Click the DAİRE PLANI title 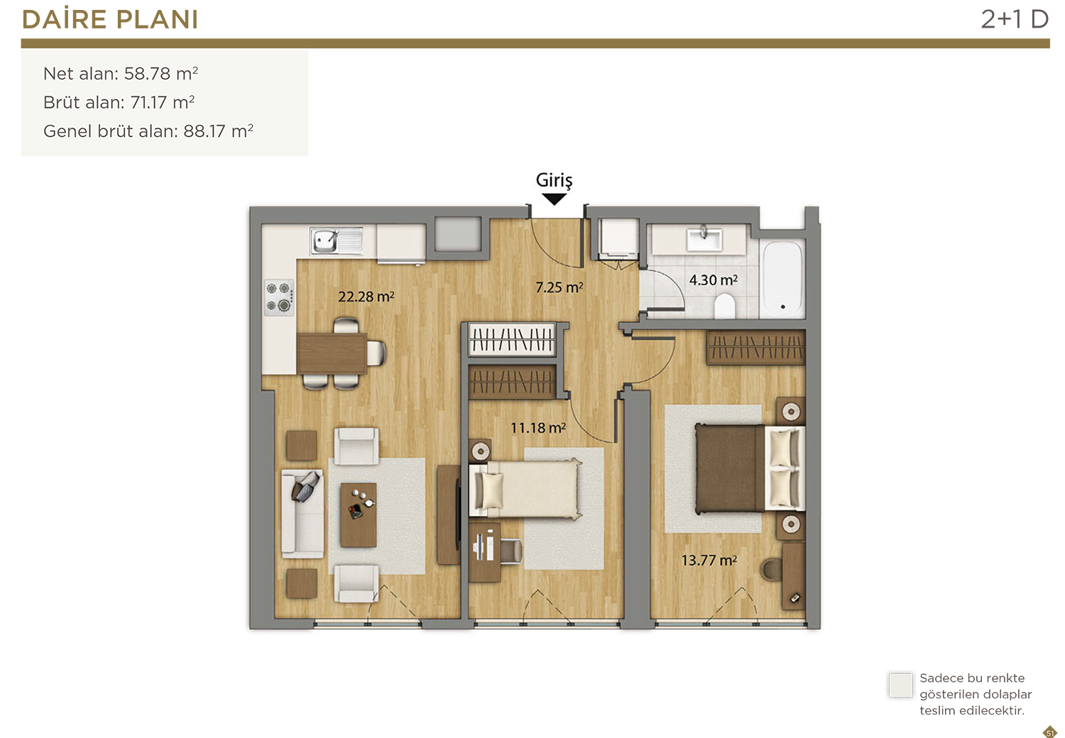click(110, 19)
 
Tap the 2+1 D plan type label click(1015, 19)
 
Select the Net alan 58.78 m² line click(120, 74)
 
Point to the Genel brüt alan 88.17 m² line click(148, 131)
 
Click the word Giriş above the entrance click(554, 180)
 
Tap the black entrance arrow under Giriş click(554, 199)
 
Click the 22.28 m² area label click(366, 297)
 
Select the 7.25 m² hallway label click(559, 287)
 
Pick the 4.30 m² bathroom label click(713, 280)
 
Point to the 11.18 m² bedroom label click(537, 428)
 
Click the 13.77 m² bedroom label click(709, 561)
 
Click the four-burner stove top click(279, 297)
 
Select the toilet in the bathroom click(725, 306)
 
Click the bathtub click(782, 278)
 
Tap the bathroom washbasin click(704, 238)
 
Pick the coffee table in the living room click(359, 514)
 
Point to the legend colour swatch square click(900, 685)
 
